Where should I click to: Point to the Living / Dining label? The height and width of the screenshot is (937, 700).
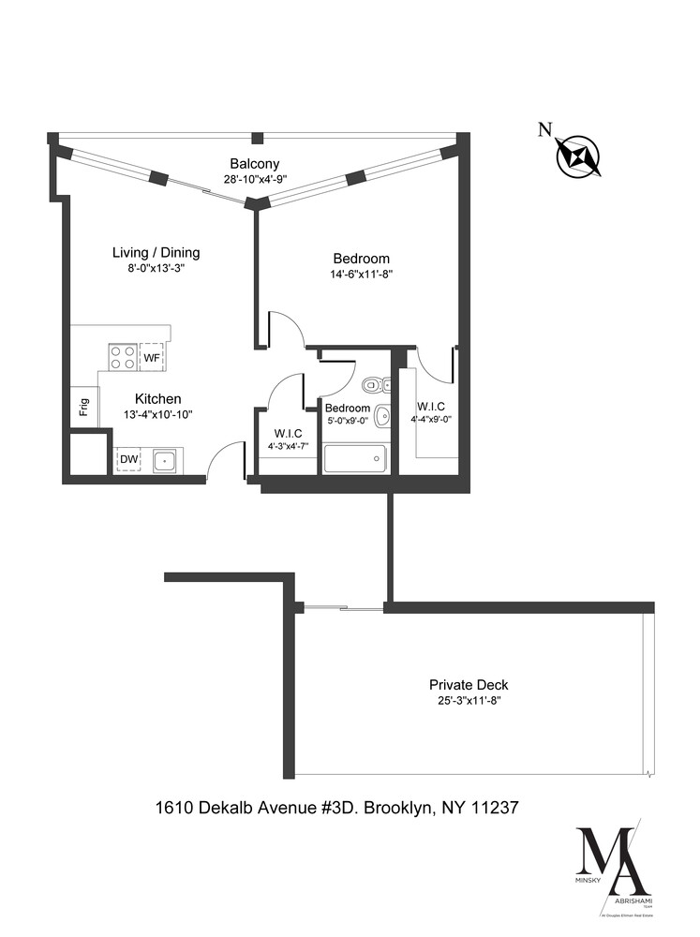coord(156,252)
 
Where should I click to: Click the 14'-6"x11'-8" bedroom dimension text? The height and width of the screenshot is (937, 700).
coord(361,275)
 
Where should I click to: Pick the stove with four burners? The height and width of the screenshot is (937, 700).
coord(122,357)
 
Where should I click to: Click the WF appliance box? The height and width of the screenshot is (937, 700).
coord(151,357)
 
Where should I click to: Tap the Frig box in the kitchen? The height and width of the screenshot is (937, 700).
coord(83,408)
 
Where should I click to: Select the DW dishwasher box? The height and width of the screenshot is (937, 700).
coord(127,459)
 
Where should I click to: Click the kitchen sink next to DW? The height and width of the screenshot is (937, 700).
coord(165,459)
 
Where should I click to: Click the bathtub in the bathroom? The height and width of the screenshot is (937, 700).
coord(354,458)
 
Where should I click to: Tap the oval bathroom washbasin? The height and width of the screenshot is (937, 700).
coord(381,416)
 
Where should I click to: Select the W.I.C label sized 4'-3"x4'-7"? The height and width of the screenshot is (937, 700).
coord(288,433)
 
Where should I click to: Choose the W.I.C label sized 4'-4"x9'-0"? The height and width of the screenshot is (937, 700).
coord(431,406)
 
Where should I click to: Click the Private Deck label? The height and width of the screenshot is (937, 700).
coord(469,685)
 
